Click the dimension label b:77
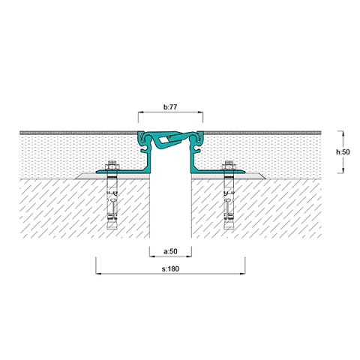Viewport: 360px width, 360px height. [170, 107]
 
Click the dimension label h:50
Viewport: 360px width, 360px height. [343, 152]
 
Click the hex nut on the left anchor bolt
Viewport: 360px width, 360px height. [112, 166]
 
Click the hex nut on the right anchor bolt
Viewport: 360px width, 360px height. [229, 166]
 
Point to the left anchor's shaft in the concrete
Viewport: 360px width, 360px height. [112, 199]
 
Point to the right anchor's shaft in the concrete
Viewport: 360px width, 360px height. [229, 199]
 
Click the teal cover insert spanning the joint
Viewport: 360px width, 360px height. [170, 139]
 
